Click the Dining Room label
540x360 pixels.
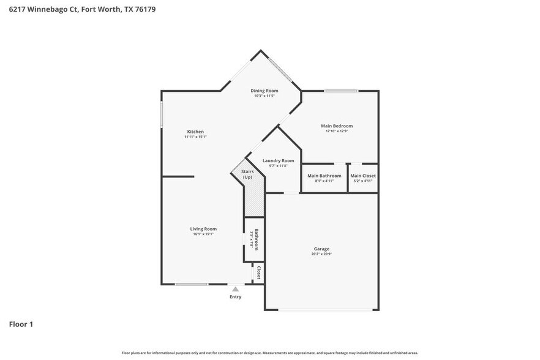264,91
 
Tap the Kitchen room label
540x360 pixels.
195,132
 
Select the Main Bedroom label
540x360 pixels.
337,126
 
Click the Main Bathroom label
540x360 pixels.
324,176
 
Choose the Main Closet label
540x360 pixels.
363,176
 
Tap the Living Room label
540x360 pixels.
203,229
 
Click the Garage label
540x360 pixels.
322,249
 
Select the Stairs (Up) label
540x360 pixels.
247,174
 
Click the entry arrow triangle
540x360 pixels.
235,288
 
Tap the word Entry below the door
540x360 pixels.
236,297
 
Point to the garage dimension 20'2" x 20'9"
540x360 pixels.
322,254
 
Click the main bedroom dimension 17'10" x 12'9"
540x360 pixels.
337,132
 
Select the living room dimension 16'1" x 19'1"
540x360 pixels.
203,234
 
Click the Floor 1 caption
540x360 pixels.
20,324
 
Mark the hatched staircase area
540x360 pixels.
253,202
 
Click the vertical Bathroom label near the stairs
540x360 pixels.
257,239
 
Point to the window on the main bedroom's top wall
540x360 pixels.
341,91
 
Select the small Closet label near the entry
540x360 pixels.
260,272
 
